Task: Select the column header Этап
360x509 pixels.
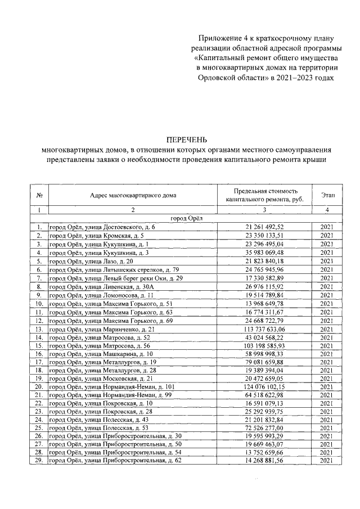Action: (328, 195)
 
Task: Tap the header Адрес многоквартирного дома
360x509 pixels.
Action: (133, 196)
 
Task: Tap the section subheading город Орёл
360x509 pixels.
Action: (186, 218)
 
